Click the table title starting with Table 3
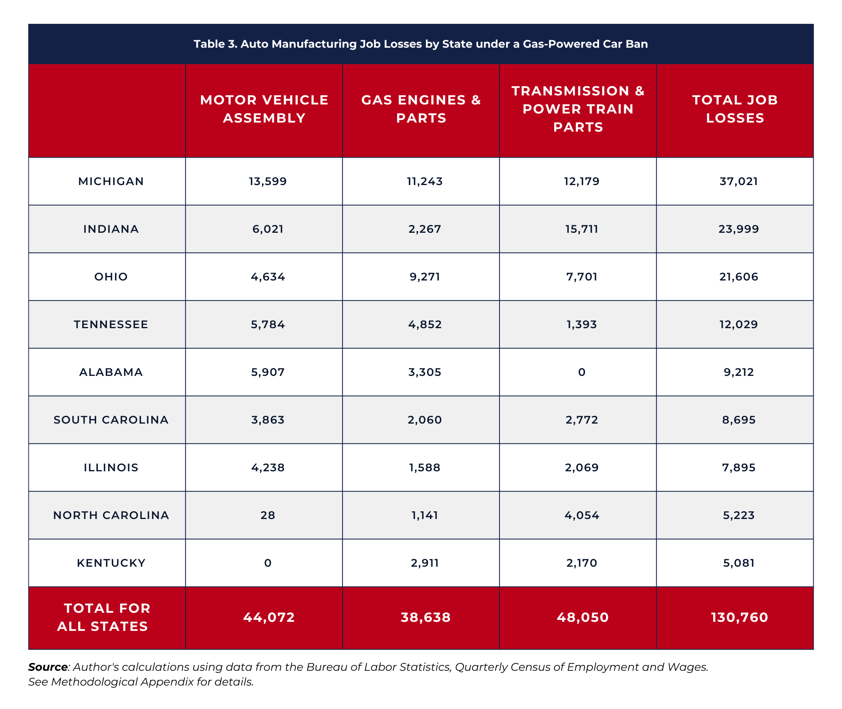(x=421, y=44)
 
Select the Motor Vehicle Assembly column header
(x=264, y=109)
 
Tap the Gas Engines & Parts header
(x=421, y=109)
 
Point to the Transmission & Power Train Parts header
(x=578, y=109)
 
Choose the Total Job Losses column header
(x=735, y=109)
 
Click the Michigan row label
(x=111, y=181)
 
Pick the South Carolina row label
(x=111, y=420)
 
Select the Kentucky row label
(x=111, y=563)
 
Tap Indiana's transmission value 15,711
(x=582, y=229)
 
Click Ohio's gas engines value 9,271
(x=425, y=277)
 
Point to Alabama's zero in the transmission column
(x=582, y=372)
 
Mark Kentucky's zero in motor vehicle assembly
(x=268, y=563)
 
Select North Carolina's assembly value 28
(x=268, y=515)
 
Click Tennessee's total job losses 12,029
(x=739, y=324)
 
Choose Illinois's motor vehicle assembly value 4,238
(x=268, y=468)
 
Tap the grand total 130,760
(x=739, y=617)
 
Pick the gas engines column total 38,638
(x=426, y=617)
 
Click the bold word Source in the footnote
(x=48, y=667)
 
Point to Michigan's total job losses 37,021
(x=739, y=181)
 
